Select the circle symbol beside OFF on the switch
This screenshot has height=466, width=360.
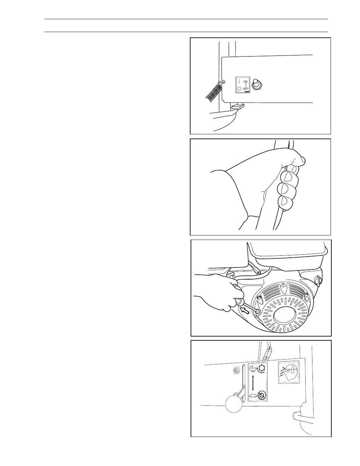pyautogui.click(x=239, y=89)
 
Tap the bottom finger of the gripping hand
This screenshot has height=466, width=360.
pyautogui.click(x=286, y=203)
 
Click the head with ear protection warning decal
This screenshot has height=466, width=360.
pyautogui.click(x=288, y=371)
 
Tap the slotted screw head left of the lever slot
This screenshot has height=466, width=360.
pyautogui.click(x=236, y=371)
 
